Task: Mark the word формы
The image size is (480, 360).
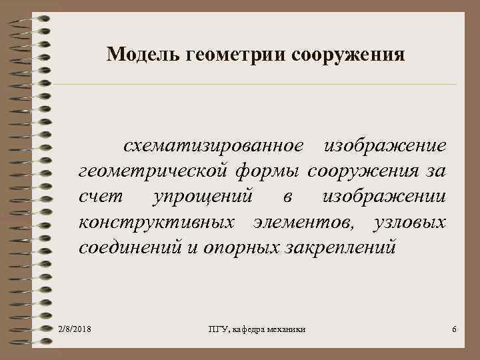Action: click(269, 173)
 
